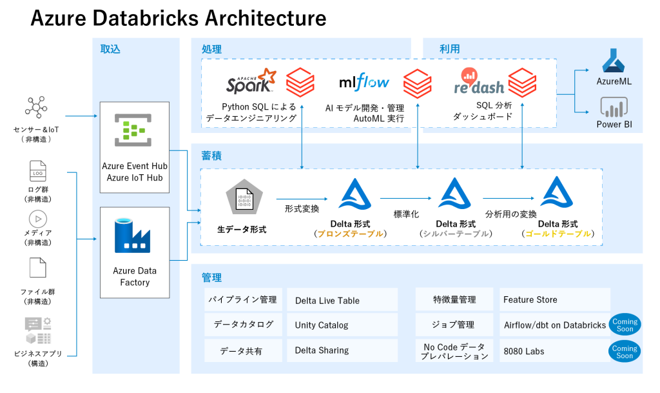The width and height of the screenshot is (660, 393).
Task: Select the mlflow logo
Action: [x=364, y=83]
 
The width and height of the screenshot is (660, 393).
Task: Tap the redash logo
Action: [x=479, y=83]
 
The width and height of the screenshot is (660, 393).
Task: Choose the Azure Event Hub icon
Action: [x=133, y=129]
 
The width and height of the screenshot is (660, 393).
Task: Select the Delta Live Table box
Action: [x=342, y=300]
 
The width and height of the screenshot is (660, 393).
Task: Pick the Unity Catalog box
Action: [x=342, y=325]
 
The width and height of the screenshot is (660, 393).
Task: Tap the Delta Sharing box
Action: [x=342, y=350]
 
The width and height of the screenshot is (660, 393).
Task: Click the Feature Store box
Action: [x=554, y=299]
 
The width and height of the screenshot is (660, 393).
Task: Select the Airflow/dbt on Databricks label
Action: [x=555, y=325]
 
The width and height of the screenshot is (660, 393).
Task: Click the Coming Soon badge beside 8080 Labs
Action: [x=625, y=352]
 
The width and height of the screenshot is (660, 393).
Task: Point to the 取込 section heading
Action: [x=110, y=49]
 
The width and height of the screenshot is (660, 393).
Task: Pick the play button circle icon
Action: [x=38, y=219]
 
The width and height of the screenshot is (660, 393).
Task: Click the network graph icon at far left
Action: [x=36, y=107]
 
